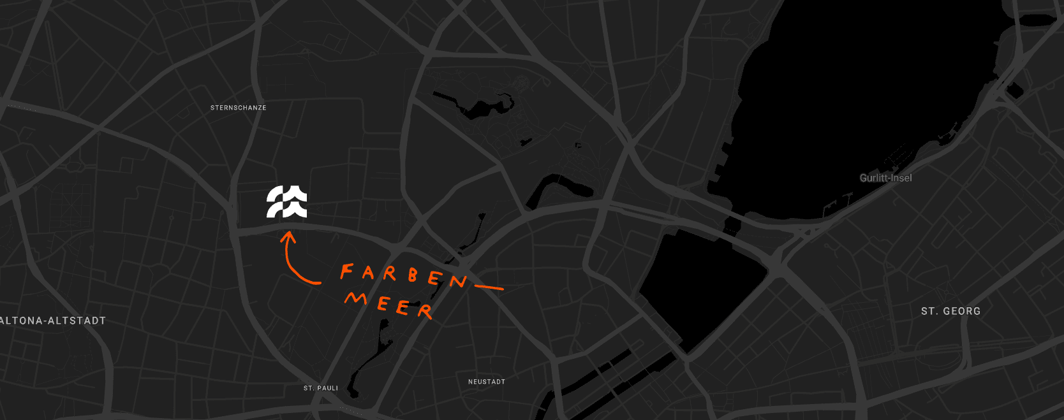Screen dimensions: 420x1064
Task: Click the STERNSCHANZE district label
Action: click(239, 108)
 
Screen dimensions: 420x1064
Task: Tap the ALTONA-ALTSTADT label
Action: click(52, 321)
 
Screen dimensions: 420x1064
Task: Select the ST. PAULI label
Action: click(321, 388)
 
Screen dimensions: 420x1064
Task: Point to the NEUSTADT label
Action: click(487, 382)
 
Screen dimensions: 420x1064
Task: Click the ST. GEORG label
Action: click(950, 311)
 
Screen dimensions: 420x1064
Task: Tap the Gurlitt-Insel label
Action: click(885, 178)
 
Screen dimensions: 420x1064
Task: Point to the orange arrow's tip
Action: click(288, 234)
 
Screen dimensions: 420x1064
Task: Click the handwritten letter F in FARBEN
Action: click(346, 272)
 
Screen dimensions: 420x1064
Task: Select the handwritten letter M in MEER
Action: click(356, 298)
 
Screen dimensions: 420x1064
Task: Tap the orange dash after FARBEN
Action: click(489, 287)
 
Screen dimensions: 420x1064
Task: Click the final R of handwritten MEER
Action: click(425, 311)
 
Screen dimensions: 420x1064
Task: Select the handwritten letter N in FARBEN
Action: click(458, 281)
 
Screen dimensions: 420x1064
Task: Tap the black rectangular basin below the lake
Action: click(702, 287)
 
